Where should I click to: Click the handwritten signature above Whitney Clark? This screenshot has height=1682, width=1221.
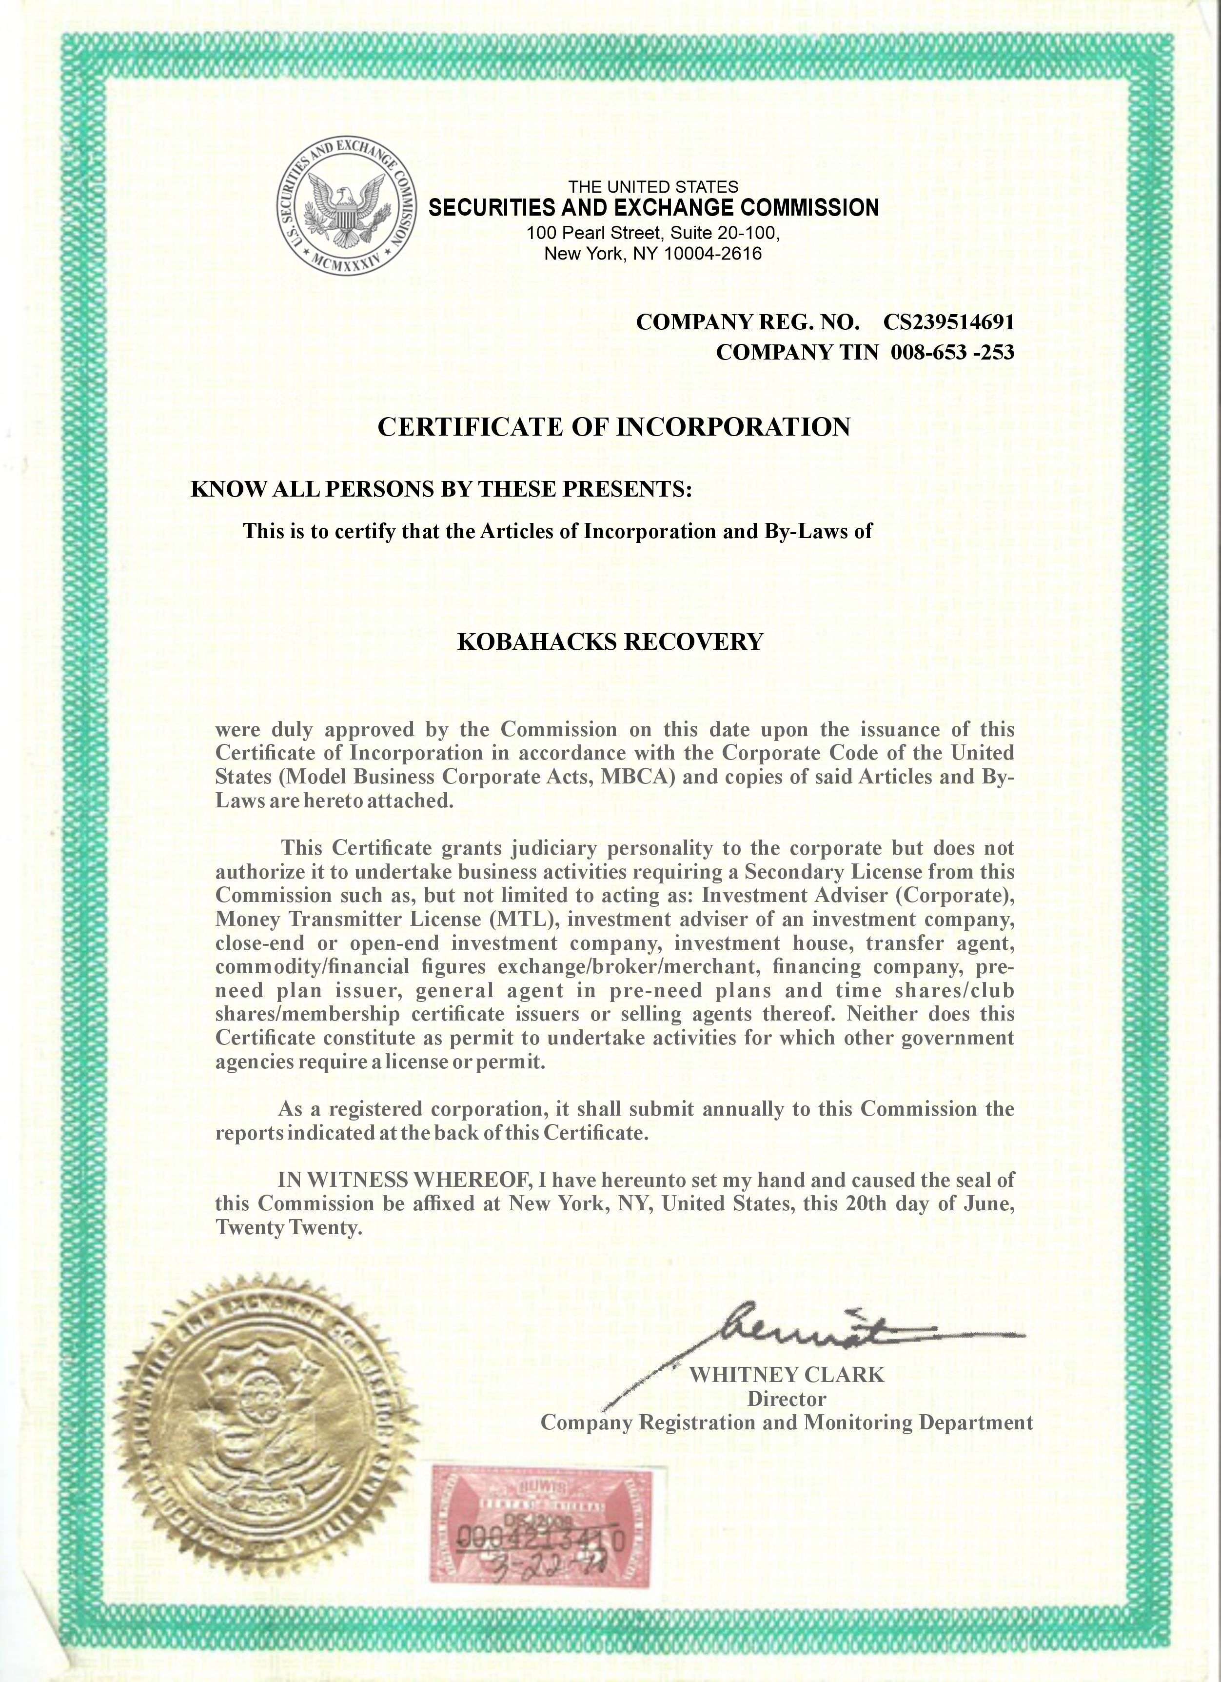pos(815,1335)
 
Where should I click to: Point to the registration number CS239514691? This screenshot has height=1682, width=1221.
pos(948,322)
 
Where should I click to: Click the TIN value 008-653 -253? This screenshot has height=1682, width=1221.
pos(952,352)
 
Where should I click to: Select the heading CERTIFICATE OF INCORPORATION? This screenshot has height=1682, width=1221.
pos(614,427)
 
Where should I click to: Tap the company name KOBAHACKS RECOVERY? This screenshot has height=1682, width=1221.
pos(610,641)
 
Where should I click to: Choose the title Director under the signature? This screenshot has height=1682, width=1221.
pos(786,1399)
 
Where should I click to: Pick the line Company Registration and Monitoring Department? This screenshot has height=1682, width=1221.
pos(786,1422)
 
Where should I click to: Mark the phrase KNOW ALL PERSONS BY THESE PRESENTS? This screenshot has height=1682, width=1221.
pos(441,489)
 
